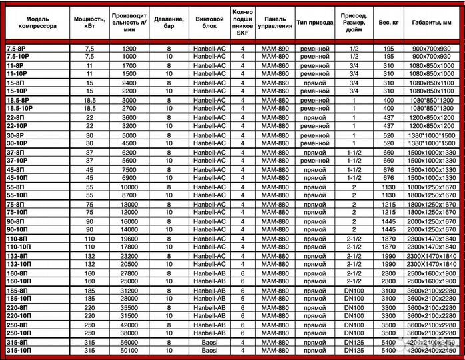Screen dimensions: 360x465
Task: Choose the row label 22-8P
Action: click(16, 117)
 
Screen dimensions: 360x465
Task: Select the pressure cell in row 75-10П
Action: click(169, 211)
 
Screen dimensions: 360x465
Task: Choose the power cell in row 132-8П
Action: click(90, 256)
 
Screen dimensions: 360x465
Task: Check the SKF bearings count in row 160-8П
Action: click(243, 273)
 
